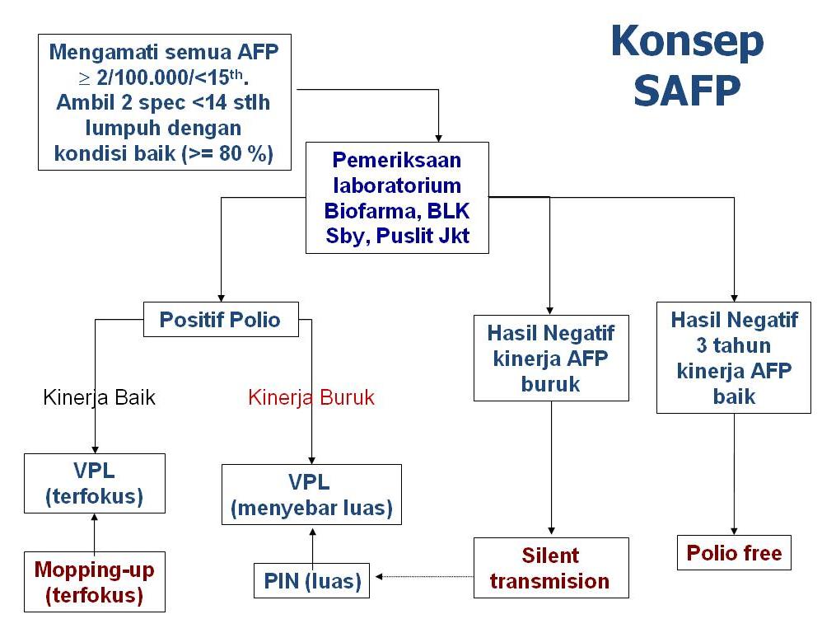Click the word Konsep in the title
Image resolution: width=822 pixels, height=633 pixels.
(x=687, y=43)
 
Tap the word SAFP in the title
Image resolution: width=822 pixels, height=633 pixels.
(x=687, y=91)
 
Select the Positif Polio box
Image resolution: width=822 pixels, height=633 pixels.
(x=220, y=319)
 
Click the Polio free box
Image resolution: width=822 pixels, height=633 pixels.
(x=734, y=552)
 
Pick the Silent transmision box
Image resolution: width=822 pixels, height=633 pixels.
(x=550, y=568)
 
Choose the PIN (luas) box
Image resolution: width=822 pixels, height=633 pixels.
(x=311, y=581)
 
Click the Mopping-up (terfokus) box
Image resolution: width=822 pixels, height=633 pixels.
(x=94, y=581)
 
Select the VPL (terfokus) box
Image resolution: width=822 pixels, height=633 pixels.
(x=94, y=483)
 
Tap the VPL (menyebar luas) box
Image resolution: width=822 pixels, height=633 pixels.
(x=311, y=495)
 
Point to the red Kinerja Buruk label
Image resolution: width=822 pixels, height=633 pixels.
(x=311, y=398)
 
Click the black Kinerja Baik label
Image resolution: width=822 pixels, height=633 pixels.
(x=99, y=398)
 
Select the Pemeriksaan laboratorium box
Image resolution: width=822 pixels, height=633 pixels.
(x=397, y=197)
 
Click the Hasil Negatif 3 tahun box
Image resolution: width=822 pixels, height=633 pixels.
(x=733, y=358)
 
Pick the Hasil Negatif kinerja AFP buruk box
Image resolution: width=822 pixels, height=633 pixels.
(x=550, y=358)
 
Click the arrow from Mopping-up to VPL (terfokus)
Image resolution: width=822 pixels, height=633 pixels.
(x=94, y=532)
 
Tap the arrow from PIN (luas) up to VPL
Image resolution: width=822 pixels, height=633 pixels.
(x=312, y=544)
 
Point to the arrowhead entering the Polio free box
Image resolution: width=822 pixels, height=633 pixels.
(x=734, y=532)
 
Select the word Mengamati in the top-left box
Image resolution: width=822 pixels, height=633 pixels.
(x=99, y=52)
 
